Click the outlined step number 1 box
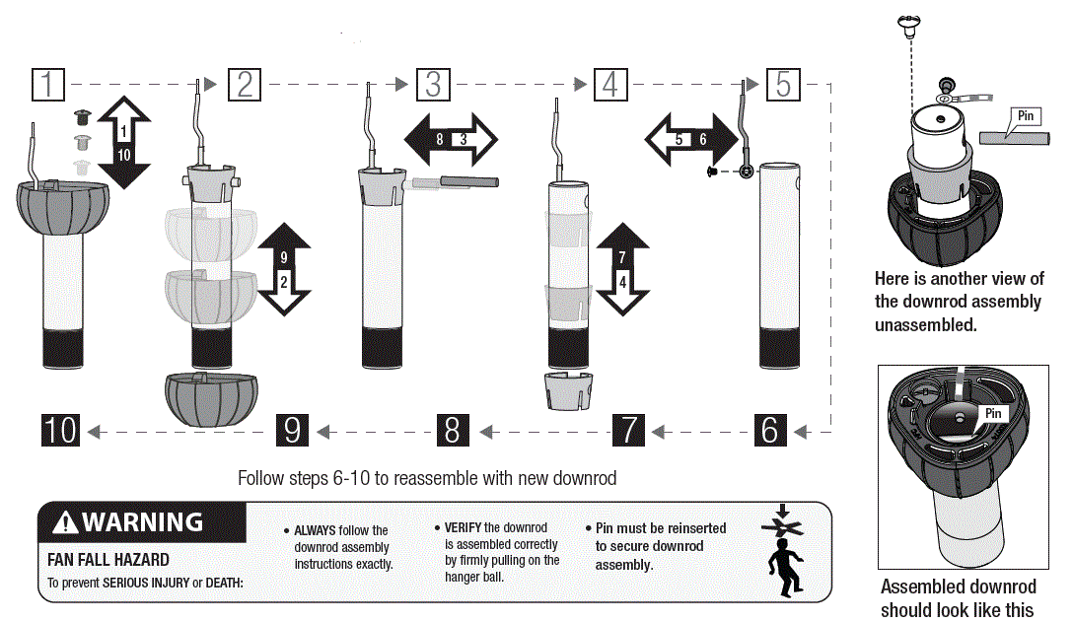pos(47,85)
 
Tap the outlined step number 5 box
pos(782,85)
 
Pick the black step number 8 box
pos(452,430)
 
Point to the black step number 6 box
pos(769,430)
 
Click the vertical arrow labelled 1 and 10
pos(124,141)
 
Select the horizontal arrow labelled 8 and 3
pos(452,139)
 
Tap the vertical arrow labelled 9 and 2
pos(284,268)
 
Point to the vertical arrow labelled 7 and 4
pos(622,268)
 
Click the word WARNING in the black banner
pos(142,521)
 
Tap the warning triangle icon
pos(65,522)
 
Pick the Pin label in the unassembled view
pos(1026,116)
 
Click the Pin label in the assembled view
pos(992,413)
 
